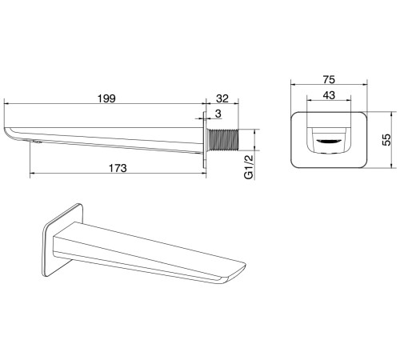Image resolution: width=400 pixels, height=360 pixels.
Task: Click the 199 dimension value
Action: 106,98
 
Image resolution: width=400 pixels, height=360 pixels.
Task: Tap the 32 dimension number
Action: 222,98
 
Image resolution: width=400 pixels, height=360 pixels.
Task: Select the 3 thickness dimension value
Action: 218,114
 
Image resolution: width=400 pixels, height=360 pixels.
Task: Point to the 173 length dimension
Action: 118,168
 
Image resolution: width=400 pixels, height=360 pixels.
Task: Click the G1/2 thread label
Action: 248,167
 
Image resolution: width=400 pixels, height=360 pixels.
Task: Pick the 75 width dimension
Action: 329,80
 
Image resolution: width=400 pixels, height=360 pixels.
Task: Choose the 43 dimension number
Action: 329,95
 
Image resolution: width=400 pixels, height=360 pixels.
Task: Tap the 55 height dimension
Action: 386,139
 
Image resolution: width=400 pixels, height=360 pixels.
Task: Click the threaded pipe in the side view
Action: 223,140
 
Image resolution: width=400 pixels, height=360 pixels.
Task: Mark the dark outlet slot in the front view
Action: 329,141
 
